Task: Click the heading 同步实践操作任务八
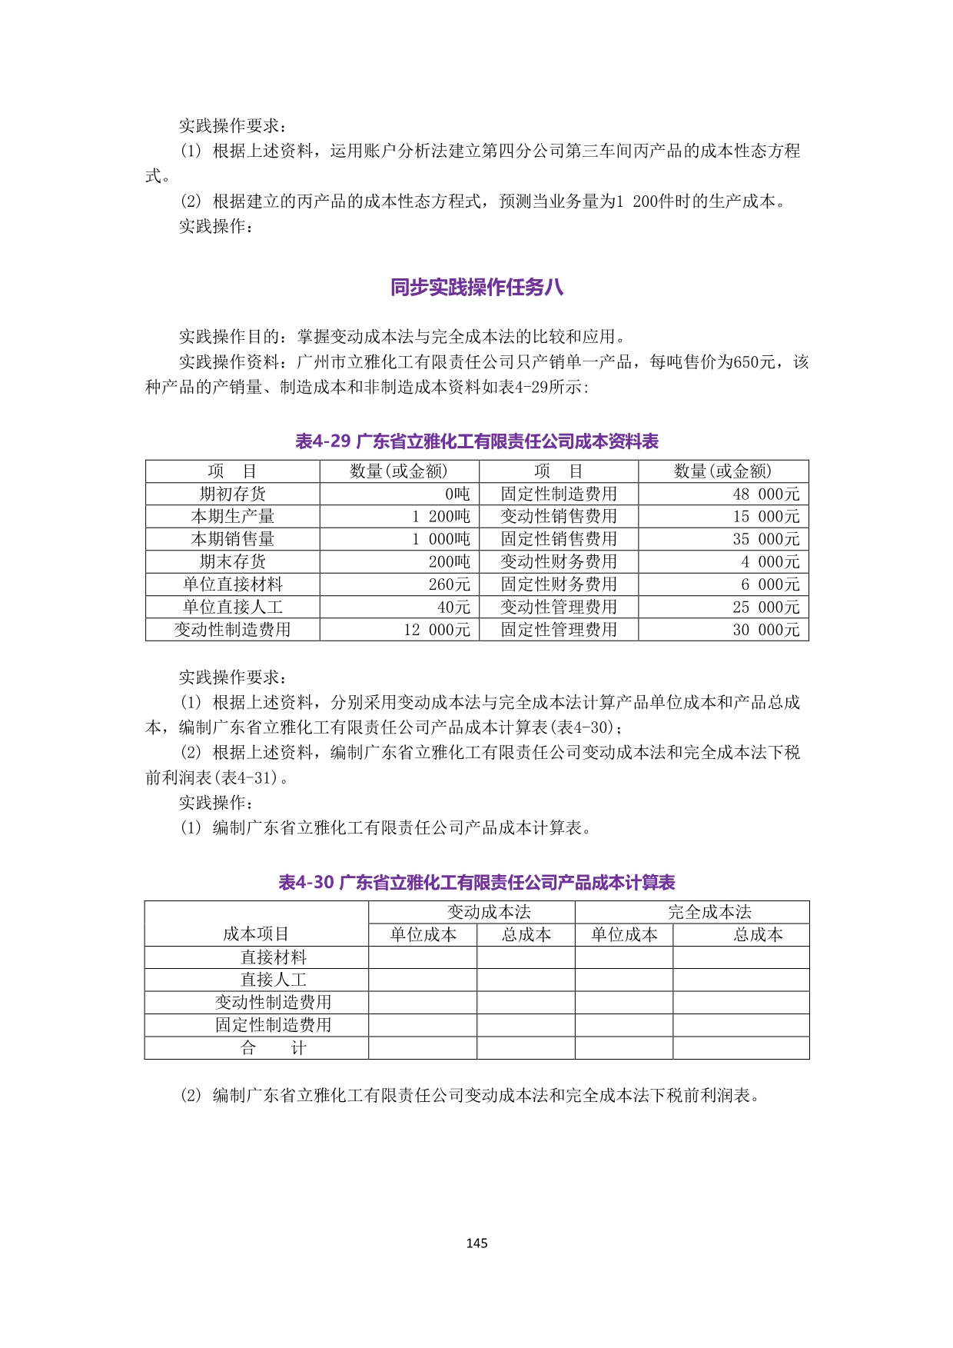click(476, 288)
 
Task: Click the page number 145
click(476, 1243)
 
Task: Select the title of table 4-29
click(476, 441)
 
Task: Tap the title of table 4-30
click(476, 882)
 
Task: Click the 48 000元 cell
click(765, 494)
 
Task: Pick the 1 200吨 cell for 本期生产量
click(440, 516)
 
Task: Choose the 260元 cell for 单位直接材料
click(449, 584)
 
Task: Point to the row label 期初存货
click(232, 494)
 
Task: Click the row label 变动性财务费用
click(559, 561)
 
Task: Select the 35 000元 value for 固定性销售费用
click(765, 539)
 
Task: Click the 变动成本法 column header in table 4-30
click(489, 912)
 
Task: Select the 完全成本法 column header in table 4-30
click(709, 912)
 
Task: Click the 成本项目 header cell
click(256, 934)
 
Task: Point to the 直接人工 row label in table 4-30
click(273, 980)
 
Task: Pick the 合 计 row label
click(273, 1048)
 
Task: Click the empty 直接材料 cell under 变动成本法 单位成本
click(423, 957)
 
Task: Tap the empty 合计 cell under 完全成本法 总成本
click(741, 1048)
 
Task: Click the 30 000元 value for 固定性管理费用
click(765, 630)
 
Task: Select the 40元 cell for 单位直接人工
click(453, 607)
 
